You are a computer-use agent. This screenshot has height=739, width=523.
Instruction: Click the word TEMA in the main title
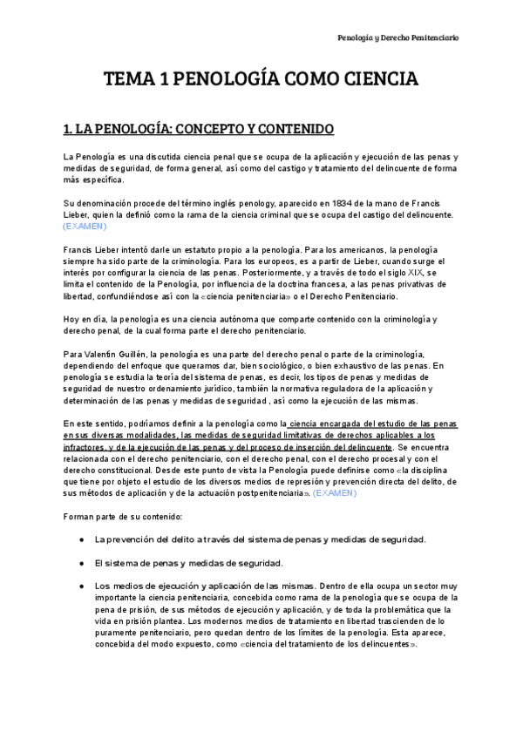[128, 81]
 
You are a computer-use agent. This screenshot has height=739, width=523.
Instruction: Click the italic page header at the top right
[398, 37]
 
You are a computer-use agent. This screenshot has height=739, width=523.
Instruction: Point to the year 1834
[321, 203]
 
